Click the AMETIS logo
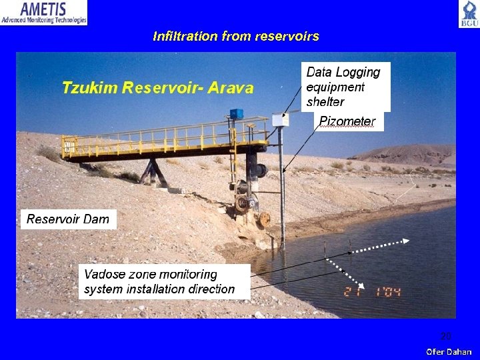coord(44,13)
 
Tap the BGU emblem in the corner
coord(468,14)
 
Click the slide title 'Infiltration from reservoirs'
coord(235,36)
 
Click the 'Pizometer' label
coord(347,121)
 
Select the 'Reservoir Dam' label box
coord(68,219)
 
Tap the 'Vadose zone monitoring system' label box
coord(160,281)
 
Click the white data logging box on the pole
coord(280,121)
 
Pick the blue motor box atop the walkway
coord(236,114)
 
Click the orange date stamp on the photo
coord(372,291)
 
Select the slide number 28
coord(445,336)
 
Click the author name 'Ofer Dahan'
coord(449,351)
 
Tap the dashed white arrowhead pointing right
coord(406,241)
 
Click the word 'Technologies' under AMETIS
coord(67,21)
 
